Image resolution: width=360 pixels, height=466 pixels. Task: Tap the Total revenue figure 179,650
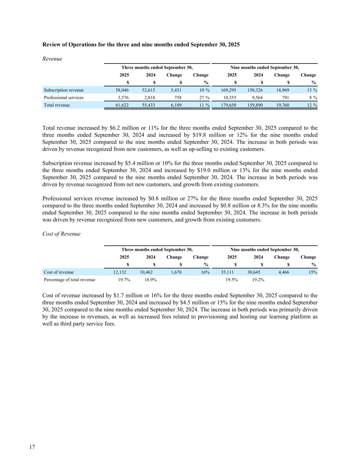(x=229, y=105)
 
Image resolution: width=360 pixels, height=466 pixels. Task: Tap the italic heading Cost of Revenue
(x=61, y=234)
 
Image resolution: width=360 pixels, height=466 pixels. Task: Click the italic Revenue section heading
(x=52, y=59)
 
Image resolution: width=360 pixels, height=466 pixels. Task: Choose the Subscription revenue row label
(x=64, y=90)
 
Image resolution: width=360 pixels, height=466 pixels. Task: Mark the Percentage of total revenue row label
(x=70, y=280)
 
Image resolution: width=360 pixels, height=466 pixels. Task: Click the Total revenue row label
(x=57, y=105)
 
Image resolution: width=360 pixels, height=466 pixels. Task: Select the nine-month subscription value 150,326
(x=255, y=90)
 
